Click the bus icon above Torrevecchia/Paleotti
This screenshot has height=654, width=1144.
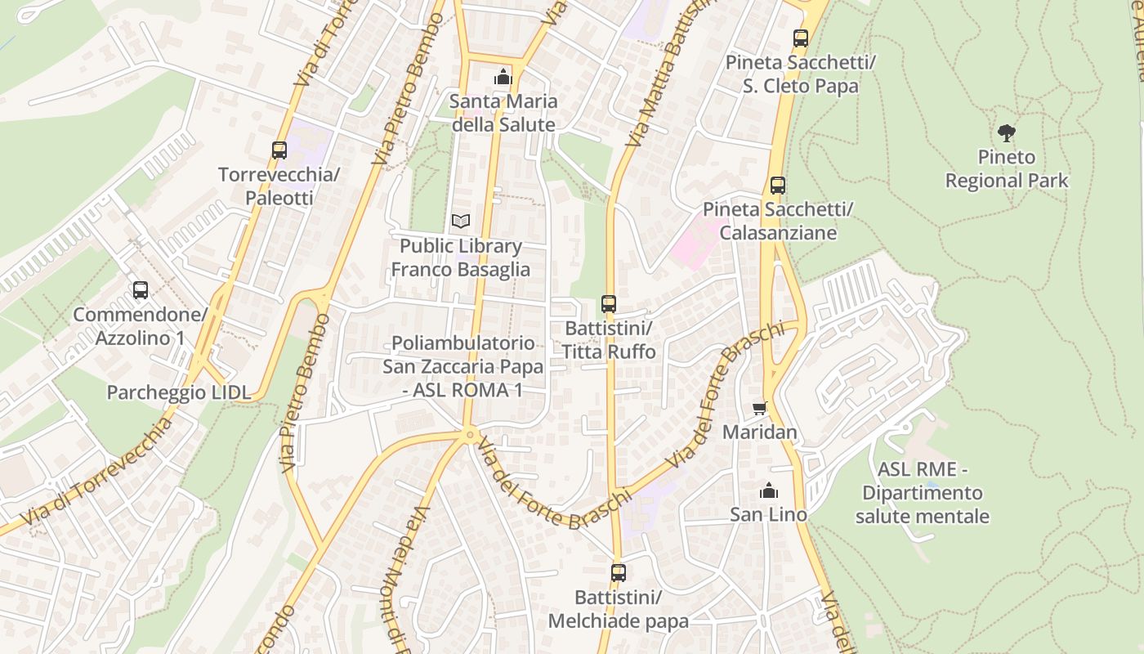click(279, 150)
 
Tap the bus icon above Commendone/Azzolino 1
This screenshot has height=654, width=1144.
click(141, 290)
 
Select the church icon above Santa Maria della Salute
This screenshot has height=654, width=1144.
click(503, 78)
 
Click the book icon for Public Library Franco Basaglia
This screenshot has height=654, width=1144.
click(461, 222)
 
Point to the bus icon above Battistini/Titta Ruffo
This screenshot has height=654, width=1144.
click(609, 304)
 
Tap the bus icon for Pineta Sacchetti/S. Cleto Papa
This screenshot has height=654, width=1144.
click(801, 38)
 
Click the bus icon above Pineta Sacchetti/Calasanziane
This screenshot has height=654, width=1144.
click(778, 186)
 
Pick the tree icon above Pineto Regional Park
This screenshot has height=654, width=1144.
click(1007, 132)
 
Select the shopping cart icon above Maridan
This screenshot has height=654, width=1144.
click(760, 408)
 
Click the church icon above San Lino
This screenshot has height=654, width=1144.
click(769, 490)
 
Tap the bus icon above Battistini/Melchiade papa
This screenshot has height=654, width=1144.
click(619, 573)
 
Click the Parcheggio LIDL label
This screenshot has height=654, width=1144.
click(179, 392)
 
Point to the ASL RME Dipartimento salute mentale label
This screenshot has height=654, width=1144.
click(923, 493)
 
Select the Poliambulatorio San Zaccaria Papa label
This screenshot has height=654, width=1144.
click(463, 366)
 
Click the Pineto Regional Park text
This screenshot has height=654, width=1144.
click(1007, 168)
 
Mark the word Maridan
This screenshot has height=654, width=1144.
click(760, 432)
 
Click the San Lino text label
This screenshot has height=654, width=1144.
click(769, 514)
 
